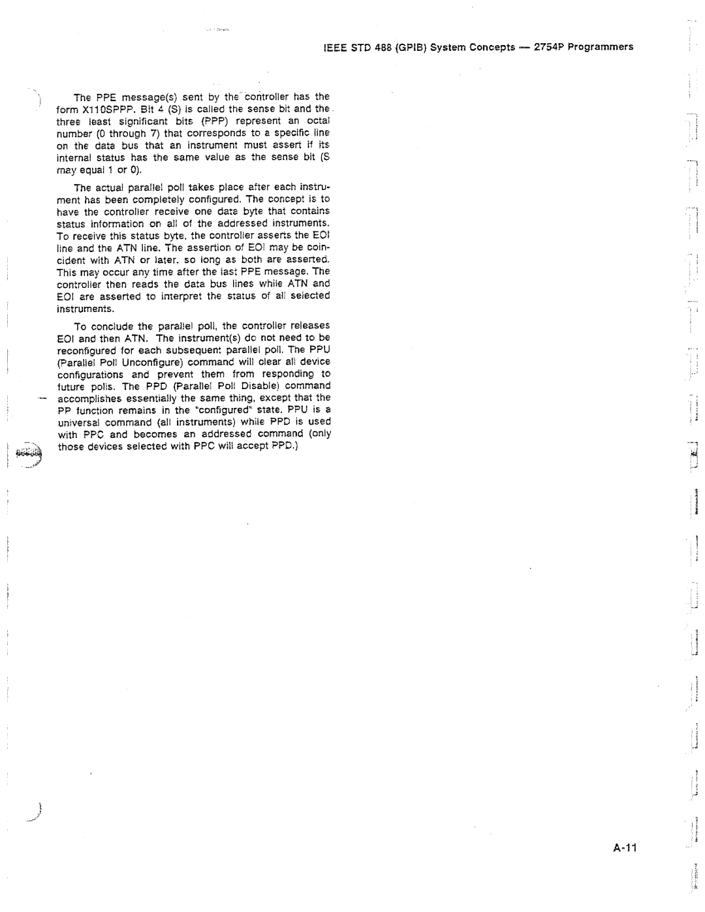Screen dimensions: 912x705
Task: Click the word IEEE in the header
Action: (x=334, y=47)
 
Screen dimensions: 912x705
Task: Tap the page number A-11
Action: (x=624, y=848)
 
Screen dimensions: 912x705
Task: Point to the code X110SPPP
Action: (x=101, y=109)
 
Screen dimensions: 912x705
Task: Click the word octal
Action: (x=318, y=121)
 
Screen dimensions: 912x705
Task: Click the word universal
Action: (x=78, y=422)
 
